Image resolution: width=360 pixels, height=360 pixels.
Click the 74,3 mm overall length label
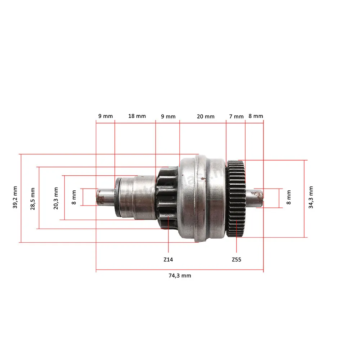tap(180, 275)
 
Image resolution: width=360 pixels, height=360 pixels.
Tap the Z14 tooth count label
tap(168, 260)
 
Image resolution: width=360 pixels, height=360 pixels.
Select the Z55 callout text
tap(237, 260)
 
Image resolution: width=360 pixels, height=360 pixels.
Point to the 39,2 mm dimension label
tap(15, 197)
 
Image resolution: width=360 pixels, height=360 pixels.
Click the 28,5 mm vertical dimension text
tap(33, 199)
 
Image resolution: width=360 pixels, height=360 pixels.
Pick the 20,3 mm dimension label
tap(56, 198)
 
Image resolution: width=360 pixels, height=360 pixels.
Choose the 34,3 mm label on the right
tap(311, 197)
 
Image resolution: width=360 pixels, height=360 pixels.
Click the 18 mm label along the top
tap(137, 116)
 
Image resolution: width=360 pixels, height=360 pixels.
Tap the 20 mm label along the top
tap(206, 116)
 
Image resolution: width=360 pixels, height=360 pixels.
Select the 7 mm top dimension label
tap(236, 117)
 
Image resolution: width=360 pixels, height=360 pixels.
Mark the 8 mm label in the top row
tap(256, 116)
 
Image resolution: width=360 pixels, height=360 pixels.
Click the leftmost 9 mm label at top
tap(105, 116)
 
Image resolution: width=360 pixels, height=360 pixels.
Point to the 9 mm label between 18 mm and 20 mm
tap(168, 117)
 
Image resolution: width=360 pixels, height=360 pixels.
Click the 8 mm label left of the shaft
tap(74, 197)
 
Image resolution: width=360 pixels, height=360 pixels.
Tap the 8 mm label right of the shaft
tap(289, 197)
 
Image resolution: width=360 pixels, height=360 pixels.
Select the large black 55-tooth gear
tap(236, 199)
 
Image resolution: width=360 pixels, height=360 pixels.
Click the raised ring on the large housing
tap(200, 198)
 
